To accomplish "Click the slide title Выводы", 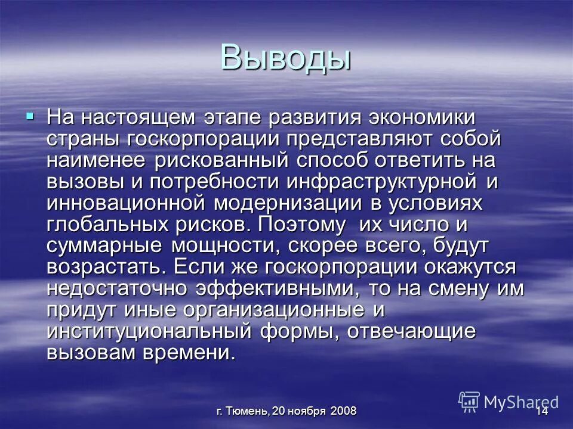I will (285, 57).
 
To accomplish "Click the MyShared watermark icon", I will (469, 402).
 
